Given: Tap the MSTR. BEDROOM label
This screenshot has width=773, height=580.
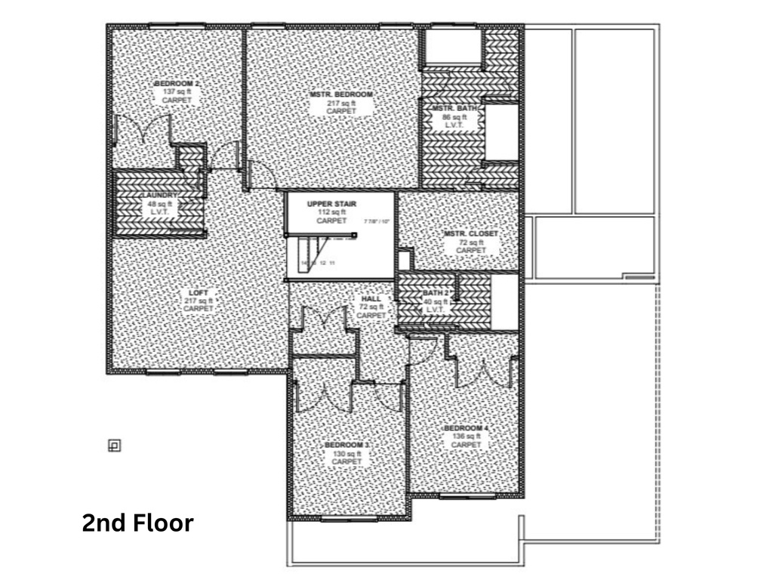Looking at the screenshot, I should (x=341, y=94).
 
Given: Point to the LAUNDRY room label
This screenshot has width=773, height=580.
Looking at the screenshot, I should (x=159, y=196).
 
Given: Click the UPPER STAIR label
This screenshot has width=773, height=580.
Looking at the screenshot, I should (x=331, y=205).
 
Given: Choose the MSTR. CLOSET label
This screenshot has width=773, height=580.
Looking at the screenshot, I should (x=471, y=234).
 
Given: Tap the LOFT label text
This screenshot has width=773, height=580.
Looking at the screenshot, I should (x=199, y=292).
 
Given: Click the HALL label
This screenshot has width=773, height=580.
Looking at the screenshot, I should (x=371, y=299).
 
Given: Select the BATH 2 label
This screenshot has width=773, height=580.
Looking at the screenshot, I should (x=436, y=293).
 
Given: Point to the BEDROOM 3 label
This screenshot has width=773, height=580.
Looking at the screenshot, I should (x=346, y=446).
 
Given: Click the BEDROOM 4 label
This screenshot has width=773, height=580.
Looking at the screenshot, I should (x=466, y=429).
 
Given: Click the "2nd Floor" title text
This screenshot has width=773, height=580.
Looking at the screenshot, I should (x=137, y=523).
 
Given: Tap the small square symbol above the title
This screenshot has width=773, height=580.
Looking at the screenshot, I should (x=114, y=446).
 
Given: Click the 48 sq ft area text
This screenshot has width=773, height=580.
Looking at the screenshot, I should (x=159, y=204).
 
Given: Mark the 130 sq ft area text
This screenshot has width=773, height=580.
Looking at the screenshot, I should (x=346, y=454).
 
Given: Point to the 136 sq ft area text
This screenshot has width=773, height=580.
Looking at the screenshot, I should (x=466, y=437).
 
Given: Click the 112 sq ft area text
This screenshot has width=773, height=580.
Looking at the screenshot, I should (x=331, y=213).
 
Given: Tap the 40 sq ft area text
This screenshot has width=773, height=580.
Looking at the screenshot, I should (x=436, y=301).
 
